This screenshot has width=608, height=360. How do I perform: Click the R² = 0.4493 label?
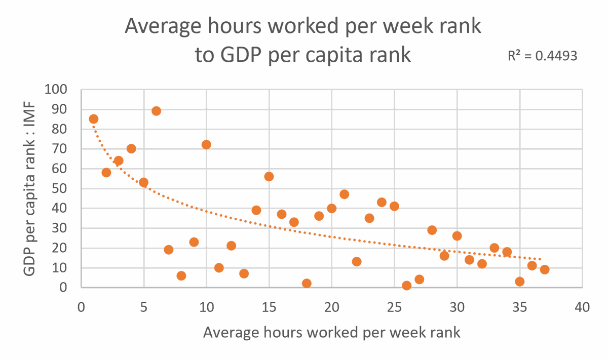543,56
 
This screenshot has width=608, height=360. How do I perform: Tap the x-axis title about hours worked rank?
332,332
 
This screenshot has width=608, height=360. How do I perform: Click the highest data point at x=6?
156,111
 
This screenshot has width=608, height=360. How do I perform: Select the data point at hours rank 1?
93,119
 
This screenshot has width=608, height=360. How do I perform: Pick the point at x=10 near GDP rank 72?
206,145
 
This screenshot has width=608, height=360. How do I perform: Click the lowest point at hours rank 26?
406,286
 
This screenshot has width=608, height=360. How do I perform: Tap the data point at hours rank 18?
307,284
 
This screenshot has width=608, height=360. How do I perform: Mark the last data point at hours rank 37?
545,269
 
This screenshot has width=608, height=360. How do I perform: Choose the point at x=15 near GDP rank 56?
269,176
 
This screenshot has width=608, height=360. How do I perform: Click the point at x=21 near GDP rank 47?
344,194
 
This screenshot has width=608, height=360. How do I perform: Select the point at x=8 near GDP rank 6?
181,275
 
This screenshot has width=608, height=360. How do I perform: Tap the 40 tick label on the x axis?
582,307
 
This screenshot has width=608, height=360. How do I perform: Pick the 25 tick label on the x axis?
394,307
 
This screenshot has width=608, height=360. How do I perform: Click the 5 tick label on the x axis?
144,307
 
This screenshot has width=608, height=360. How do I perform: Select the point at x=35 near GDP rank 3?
519,282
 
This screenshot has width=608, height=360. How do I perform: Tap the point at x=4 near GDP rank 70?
131,148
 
